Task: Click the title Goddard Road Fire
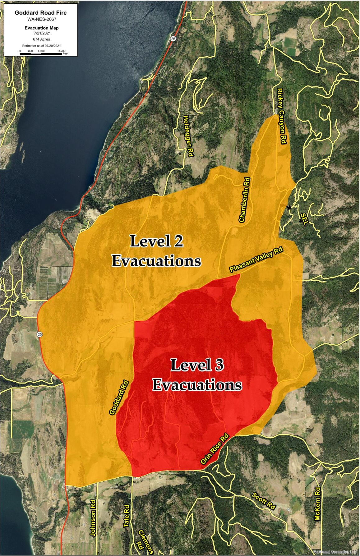click(x=40, y=13)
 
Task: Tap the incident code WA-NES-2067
click(x=40, y=19)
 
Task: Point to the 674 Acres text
click(x=41, y=39)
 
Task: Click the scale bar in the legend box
click(x=41, y=53)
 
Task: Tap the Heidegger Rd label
click(x=188, y=136)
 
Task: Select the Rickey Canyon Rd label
click(x=281, y=116)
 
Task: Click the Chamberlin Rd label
click(x=244, y=200)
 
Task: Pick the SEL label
click(x=304, y=219)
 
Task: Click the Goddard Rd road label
click(x=119, y=397)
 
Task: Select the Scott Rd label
click(x=263, y=501)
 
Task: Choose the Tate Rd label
click(x=126, y=516)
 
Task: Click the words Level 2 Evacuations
click(x=156, y=251)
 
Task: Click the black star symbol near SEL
click(x=289, y=207)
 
